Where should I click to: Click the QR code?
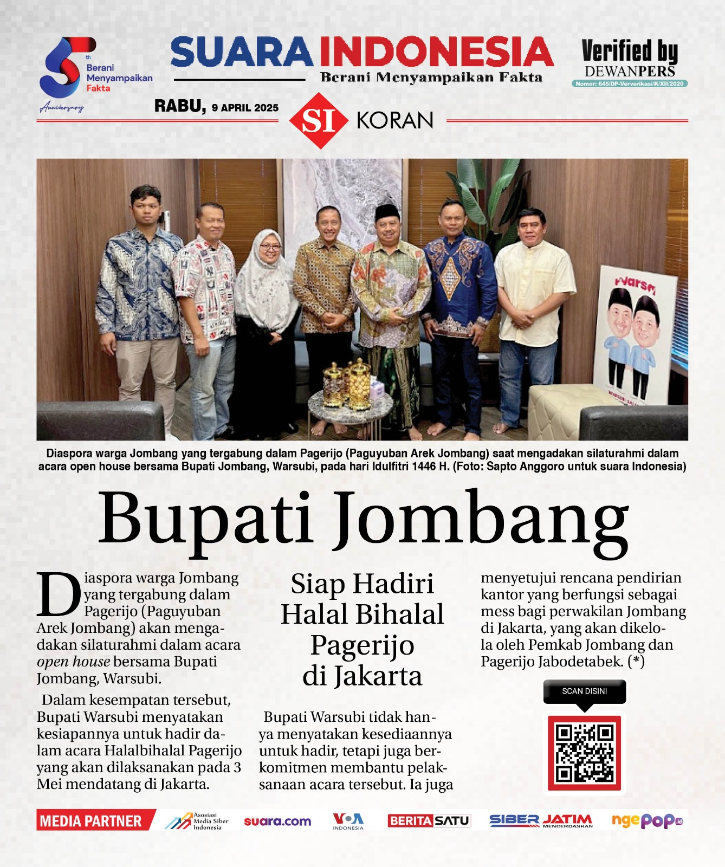[584, 753]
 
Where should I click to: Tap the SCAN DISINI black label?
[584, 691]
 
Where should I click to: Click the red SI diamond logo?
[318, 120]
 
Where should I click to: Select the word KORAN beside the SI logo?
[395, 120]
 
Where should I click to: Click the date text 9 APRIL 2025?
[245, 108]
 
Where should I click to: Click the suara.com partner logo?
[277, 821]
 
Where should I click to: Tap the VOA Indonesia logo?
[348, 820]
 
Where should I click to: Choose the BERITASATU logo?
[429, 821]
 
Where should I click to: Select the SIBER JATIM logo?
[541, 820]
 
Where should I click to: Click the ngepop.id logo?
[646, 820]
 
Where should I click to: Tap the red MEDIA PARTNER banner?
[91, 821]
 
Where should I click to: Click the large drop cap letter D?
[59, 594]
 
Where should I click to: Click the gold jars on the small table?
[347, 385]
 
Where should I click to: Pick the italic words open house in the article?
[73, 662]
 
